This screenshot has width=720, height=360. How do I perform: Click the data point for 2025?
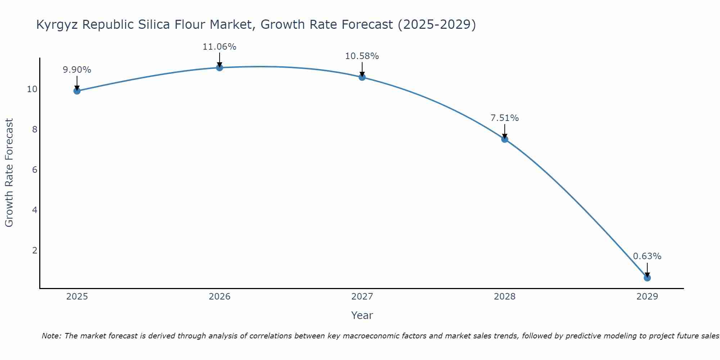coord(77,91)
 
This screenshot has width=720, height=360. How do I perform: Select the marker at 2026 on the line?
coord(219,67)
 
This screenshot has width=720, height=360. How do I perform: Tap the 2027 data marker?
coord(362,77)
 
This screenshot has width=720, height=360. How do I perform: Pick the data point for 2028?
coord(504,139)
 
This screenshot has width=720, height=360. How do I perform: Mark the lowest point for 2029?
coord(647,278)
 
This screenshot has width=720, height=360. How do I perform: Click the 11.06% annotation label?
coord(219,47)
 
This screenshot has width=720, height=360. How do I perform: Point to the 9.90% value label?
coord(77,70)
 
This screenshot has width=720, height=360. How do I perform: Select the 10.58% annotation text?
coord(362,56)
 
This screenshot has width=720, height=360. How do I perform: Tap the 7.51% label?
coord(504,118)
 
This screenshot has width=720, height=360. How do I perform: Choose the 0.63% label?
coord(647,256)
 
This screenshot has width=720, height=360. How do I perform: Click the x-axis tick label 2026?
coord(219,297)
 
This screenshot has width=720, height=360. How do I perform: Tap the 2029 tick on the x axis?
coord(647,297)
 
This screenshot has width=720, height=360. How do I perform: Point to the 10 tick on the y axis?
coord(32,89)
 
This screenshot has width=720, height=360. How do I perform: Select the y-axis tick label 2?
coord(35,250)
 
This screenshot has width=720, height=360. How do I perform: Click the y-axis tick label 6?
coord(35,170)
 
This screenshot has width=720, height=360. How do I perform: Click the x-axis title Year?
coord(362,315)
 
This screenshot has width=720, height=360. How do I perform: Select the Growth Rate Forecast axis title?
coord(9,173)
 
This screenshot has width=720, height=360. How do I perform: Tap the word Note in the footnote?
coord(52,336)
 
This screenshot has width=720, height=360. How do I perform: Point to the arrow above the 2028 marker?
coord(504,131)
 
